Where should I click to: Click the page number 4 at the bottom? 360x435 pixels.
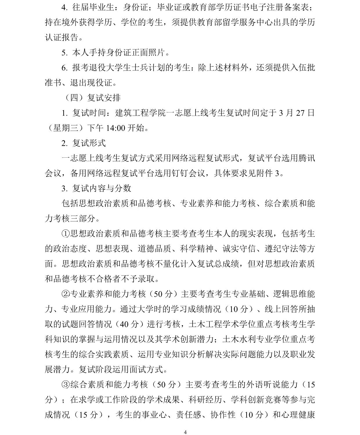(x=185, y=432)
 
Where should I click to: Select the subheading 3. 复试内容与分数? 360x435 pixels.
(x=96, y=188)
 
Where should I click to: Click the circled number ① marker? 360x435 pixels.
(x=66, y=234)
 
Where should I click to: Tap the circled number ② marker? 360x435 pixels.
(x=66, y=294)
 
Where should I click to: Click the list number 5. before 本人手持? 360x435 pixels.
(x=64, y=52)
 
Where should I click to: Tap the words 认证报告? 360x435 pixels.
(x=62, y=37)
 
